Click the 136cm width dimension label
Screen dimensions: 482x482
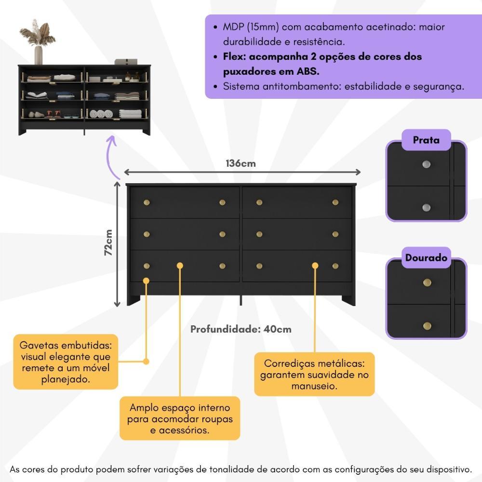241,163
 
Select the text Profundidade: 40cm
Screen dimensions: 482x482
241,330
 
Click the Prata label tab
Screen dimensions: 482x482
426,140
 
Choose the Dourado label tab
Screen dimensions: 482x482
426,258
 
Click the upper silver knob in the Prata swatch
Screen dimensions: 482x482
426,164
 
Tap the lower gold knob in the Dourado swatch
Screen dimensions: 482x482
427,326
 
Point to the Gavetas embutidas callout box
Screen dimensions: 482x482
66,361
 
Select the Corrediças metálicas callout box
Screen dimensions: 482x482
314,375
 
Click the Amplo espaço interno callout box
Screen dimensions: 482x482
180,418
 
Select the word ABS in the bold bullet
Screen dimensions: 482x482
308,71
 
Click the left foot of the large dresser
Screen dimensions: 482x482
134,300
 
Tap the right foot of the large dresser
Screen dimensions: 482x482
348,300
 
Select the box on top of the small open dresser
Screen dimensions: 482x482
126,62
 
